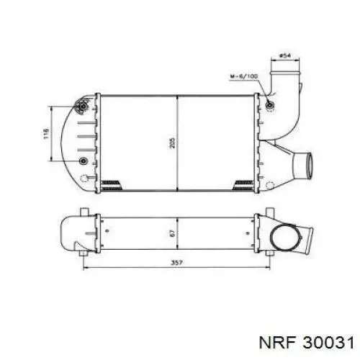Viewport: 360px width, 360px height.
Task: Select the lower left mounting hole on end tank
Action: point(84,160)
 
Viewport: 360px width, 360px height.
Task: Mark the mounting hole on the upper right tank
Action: point(269,107)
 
